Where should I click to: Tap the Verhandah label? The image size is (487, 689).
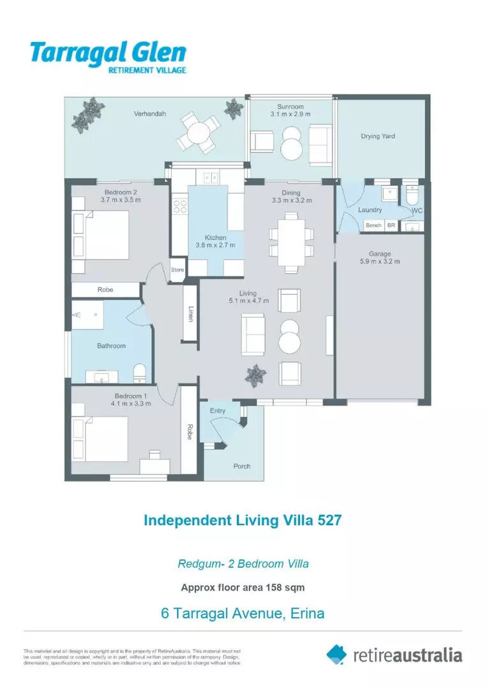click(x=150, y=114)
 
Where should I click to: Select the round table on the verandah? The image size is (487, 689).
click(x=196, y=132)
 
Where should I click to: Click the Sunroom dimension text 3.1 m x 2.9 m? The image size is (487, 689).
click(x=290, y=114)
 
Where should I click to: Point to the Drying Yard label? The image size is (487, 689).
click(x=378, y=136)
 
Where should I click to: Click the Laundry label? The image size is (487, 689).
click(x=370, y=209)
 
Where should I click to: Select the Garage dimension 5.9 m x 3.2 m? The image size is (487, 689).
click(x=380, y=262)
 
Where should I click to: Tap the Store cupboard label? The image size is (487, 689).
click(x=177, y=270)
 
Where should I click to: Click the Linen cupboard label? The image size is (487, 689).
click(x=190, y=313)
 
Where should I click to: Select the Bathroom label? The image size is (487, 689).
click(x=111, y=346)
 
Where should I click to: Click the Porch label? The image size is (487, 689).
click(x=241, y=466)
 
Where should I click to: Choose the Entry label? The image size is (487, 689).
click(x=218, y=410)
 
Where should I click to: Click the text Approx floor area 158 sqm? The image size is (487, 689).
click(x=243, y=588)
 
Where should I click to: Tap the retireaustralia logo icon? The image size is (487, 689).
click(x=336, y=654)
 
